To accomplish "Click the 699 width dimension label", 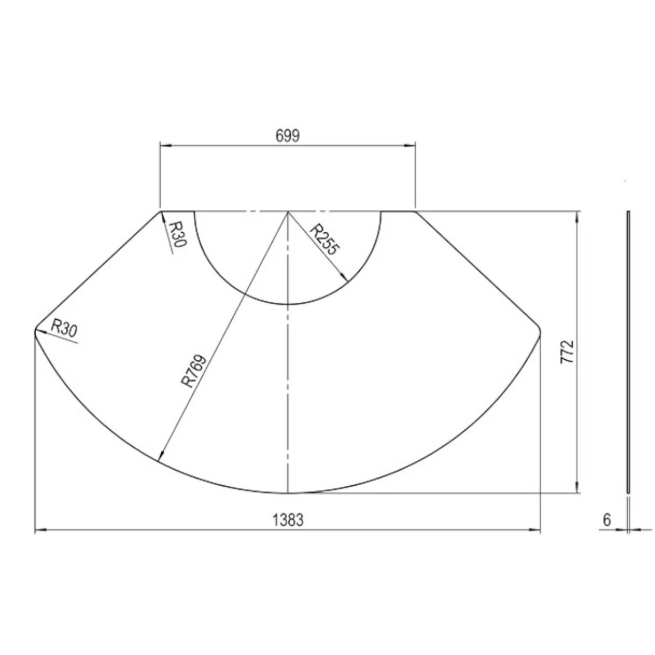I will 288,136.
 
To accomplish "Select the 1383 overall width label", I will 288,520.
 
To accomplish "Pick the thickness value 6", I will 607,520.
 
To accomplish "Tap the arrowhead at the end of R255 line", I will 345,278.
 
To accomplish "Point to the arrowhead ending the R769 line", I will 161,457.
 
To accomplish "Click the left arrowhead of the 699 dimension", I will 164,146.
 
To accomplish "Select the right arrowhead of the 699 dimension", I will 410,146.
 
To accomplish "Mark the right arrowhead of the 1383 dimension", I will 536,531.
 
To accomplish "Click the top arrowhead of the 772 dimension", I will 578,215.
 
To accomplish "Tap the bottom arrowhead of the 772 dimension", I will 578,489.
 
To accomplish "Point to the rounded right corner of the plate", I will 539,329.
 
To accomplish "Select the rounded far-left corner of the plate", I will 35,330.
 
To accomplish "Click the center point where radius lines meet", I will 288,211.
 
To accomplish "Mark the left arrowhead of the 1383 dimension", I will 39,531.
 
